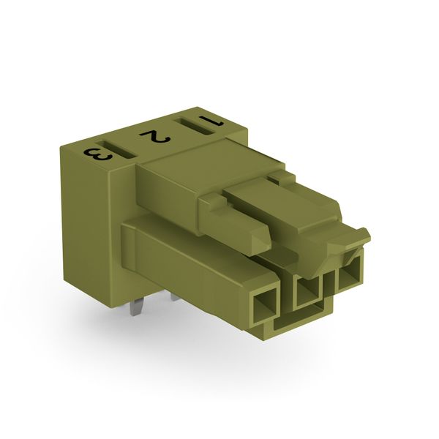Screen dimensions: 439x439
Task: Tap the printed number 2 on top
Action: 155,136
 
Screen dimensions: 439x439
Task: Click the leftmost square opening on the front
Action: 263,307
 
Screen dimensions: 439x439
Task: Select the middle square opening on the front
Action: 307,292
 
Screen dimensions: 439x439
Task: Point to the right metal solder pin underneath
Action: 176,296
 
